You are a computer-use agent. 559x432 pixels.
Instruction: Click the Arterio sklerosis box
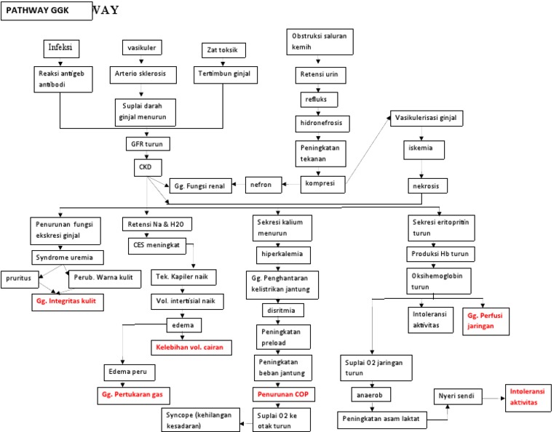(x=139, y=74)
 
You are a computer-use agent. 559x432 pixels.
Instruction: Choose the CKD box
(x=146, y=167)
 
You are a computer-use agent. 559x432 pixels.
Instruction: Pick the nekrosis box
(x=427, y=185)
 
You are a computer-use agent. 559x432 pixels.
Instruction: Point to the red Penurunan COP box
(x=282, y=393)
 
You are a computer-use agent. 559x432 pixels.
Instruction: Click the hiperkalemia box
(x=282, y=255)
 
